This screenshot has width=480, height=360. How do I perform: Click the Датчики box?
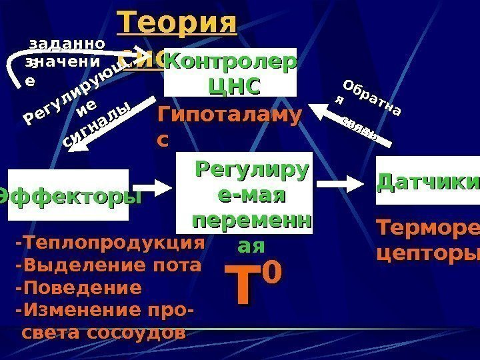pos(428,181)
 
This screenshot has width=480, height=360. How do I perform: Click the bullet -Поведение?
pos(78,288)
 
